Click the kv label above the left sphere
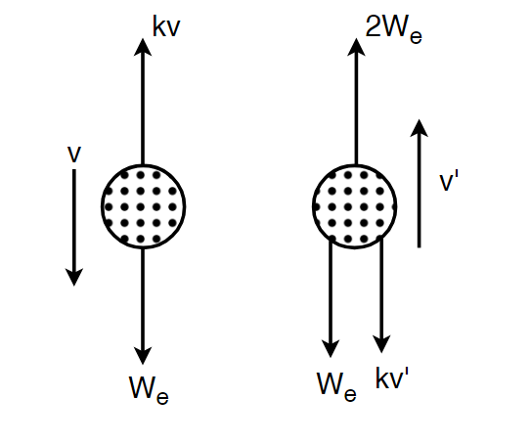coord(166,26)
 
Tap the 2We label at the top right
coord(394,28)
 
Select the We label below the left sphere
coord(149,390)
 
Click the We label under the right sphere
coord(336,387)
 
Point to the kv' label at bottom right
coord(392,377)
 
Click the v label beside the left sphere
coord(74,155)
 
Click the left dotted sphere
coord(143,206)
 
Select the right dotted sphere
coord(355,206)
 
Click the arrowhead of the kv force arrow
coord(143,46)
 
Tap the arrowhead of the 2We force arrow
coord(356,46)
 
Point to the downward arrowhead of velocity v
coord(74,278)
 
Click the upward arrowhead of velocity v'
coord(419,127)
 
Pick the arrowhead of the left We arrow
coord(143,356)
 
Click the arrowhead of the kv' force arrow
coord(381,344)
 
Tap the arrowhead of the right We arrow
coord(331,349)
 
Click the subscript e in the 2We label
coord(417,37)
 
